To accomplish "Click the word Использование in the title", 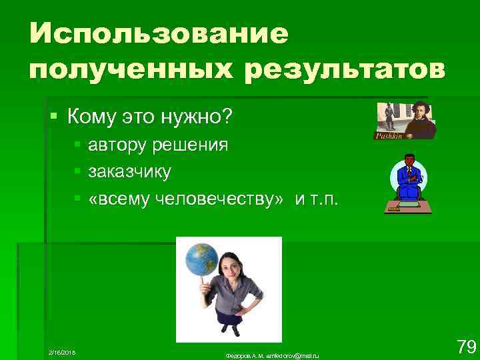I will click(x=159, y=34).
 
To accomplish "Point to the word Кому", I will click(x=91, y=118).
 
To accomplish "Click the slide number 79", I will click(x=465, y=347).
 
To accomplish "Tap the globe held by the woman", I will click(x=203, y=259).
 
